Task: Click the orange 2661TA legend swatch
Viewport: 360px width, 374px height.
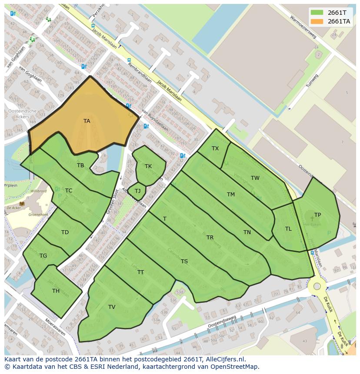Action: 317,21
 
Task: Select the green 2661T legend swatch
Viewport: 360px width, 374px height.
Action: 317,13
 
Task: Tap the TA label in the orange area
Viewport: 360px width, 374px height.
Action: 87,121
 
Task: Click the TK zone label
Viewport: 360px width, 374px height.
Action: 148,166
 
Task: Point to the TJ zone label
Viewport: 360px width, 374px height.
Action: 137,191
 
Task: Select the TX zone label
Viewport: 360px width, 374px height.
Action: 215,149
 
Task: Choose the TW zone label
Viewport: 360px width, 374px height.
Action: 255,178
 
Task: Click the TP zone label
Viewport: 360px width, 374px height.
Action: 317,215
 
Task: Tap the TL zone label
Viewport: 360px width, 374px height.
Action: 288,229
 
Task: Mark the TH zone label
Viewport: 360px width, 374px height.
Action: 56,291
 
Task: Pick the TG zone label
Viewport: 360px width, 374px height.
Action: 43,256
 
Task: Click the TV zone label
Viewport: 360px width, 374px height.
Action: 112,307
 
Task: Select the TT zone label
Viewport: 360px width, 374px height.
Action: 140,272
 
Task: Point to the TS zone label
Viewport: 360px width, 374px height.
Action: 184,261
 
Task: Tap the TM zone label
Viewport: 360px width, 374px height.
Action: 230,195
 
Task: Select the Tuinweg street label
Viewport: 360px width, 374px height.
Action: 312,81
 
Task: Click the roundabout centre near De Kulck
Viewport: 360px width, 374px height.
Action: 317,286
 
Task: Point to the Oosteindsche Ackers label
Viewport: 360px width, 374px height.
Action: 22,114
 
